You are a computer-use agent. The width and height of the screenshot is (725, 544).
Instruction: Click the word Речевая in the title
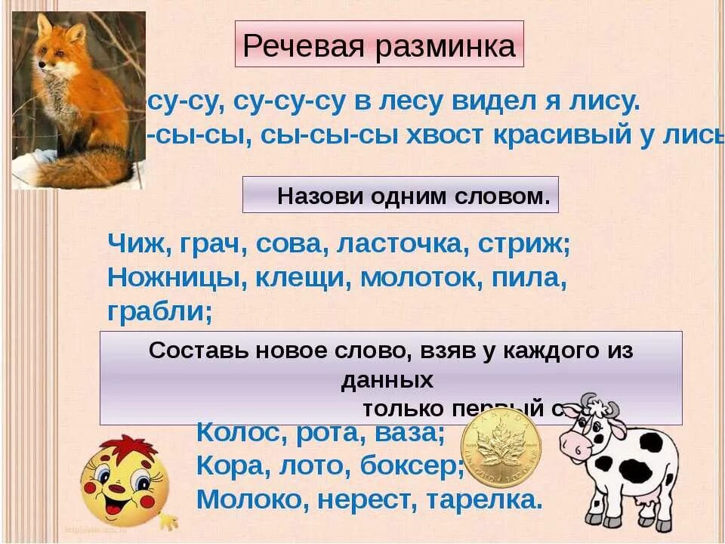292,46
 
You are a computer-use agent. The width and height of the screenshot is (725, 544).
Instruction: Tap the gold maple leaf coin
500,451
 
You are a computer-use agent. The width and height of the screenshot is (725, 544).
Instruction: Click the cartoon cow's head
597,431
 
